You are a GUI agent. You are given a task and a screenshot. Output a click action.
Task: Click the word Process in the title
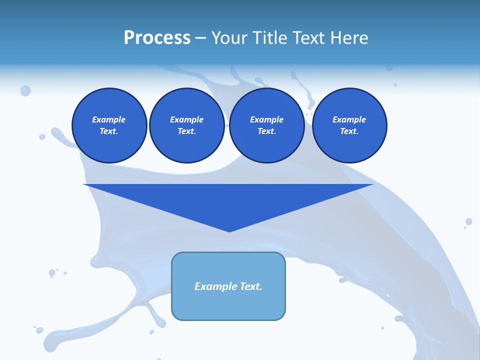tap(157, 38)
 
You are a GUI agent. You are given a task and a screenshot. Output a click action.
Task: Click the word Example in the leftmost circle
tap(109, 119)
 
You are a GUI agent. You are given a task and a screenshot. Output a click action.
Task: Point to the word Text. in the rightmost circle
tap(349, 131)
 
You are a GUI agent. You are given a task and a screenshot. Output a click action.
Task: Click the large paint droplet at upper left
tap(25, 90)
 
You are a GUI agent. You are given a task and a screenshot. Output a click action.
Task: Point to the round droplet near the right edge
tap(468, 221)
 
